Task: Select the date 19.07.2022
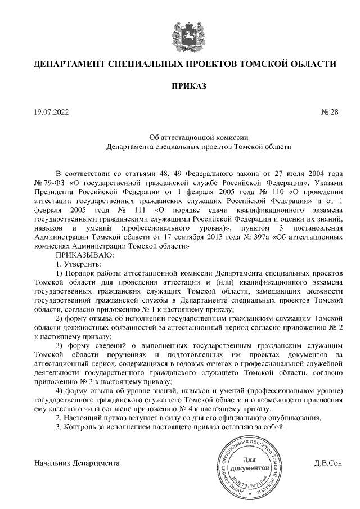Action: pos(51,112)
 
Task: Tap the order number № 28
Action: pos(330,112)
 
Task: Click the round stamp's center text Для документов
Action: pos(248,465)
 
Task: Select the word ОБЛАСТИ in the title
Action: pos(312,64)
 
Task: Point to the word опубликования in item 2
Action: pos(296,418)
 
